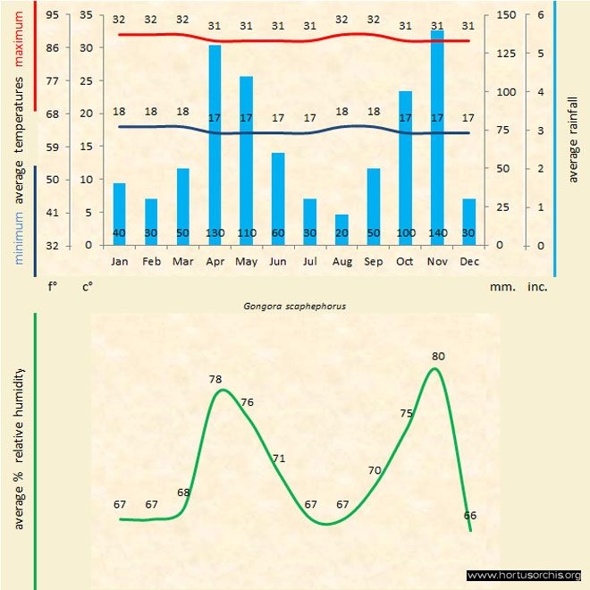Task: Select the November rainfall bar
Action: point(437,138)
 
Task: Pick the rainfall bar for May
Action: point(246,161)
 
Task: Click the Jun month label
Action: point(278,261)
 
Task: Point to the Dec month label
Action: point(468,261)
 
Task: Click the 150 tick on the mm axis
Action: point(505,15)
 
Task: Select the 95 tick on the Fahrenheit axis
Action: point(53,15)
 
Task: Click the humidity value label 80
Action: point(438,357)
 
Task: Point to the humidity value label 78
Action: point(215,379)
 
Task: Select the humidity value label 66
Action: point(470,516)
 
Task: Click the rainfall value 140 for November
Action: point(437,233)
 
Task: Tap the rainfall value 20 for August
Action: point(341,233)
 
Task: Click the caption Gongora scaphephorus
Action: point(295,305)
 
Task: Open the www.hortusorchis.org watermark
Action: point(524,575)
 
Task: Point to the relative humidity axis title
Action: point(19,448)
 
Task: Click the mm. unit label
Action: point(500,288)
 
